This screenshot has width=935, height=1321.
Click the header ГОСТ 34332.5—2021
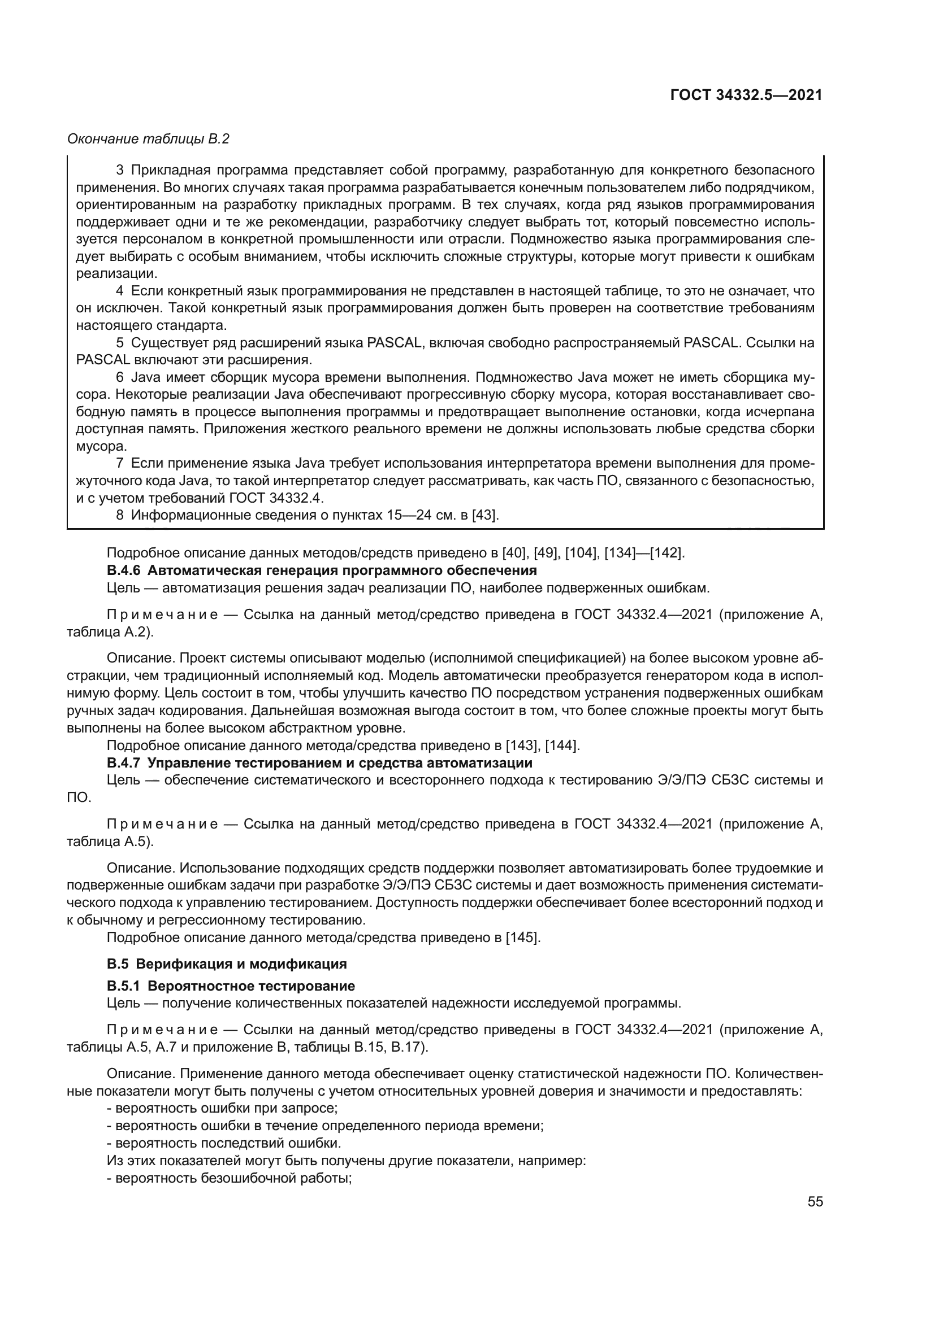tap(746, 95)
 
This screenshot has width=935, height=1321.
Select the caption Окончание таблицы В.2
tap(148, 139)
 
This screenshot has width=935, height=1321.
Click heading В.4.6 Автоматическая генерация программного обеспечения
tap(321, 570)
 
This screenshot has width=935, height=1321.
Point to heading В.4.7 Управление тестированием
tap(319, 763)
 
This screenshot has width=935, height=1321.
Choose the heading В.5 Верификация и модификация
tap(227, 963)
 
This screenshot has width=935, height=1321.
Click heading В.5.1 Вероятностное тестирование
tap(230, 986)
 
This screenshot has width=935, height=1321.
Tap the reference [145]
tap(522, 938)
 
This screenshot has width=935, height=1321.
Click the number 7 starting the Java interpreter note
tap(120, 463)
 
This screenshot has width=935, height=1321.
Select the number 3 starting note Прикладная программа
tap(120, 170)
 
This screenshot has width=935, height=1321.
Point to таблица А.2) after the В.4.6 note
tap(111, 632)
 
